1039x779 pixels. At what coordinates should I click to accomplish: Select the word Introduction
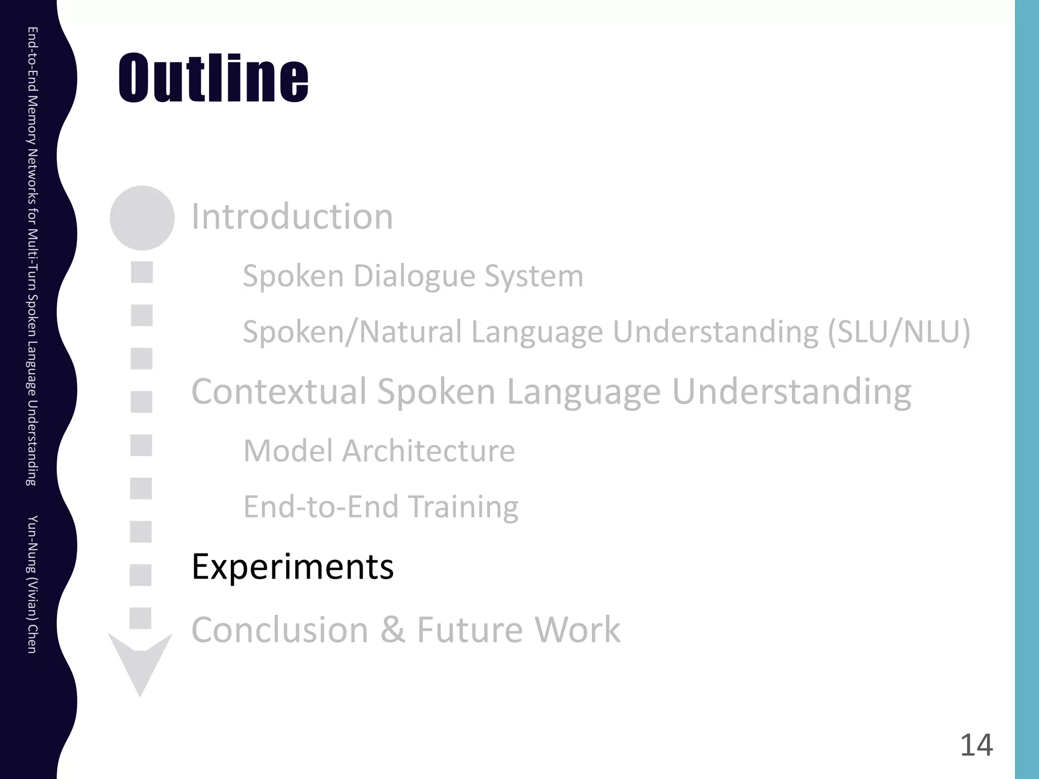(x=292, y=217)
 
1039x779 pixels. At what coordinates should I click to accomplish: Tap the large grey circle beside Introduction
(x=142, y=218)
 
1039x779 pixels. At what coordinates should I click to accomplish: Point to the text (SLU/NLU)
(x=898, y=332)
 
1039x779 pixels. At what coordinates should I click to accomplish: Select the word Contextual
(x=279, y=392)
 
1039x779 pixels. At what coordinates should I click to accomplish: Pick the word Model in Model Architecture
(x=288, y=450)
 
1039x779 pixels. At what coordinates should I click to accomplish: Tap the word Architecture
(x=429, y=450)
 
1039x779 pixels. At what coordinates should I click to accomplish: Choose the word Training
(x=463, y=507)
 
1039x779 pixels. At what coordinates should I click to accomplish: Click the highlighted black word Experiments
(x=292, y=566)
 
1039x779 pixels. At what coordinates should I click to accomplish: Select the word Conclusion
(x=280, y=629)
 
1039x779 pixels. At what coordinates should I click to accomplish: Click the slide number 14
(x=976, y=745)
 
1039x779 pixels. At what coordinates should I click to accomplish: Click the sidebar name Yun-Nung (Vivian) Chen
(x=32, y=584)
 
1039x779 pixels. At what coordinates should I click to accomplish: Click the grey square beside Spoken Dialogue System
(x=142, y=272)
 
